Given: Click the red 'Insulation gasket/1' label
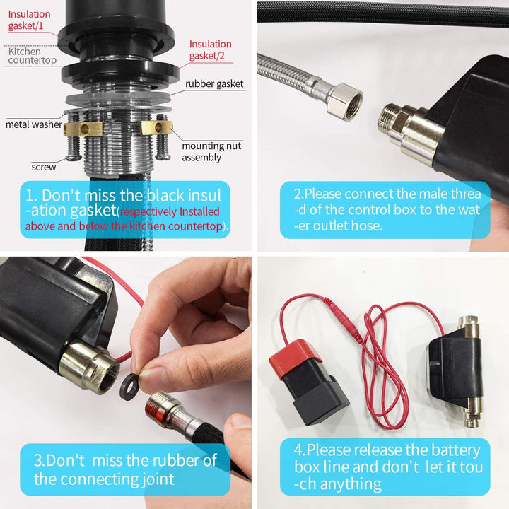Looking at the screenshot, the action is [29, 20].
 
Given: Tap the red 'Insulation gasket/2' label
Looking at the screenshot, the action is [211, 49].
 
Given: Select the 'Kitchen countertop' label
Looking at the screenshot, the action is [32, 56].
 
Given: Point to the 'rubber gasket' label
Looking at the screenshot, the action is [214, 83].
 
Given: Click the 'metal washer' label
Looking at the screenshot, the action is [34, 124].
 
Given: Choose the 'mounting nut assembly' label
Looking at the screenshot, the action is [211, 151].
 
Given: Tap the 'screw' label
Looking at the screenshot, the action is [44, 167].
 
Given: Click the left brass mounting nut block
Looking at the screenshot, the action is [83, 129].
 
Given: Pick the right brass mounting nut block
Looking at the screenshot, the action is [156, 127].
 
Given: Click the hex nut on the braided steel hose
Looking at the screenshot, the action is [345, 102].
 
